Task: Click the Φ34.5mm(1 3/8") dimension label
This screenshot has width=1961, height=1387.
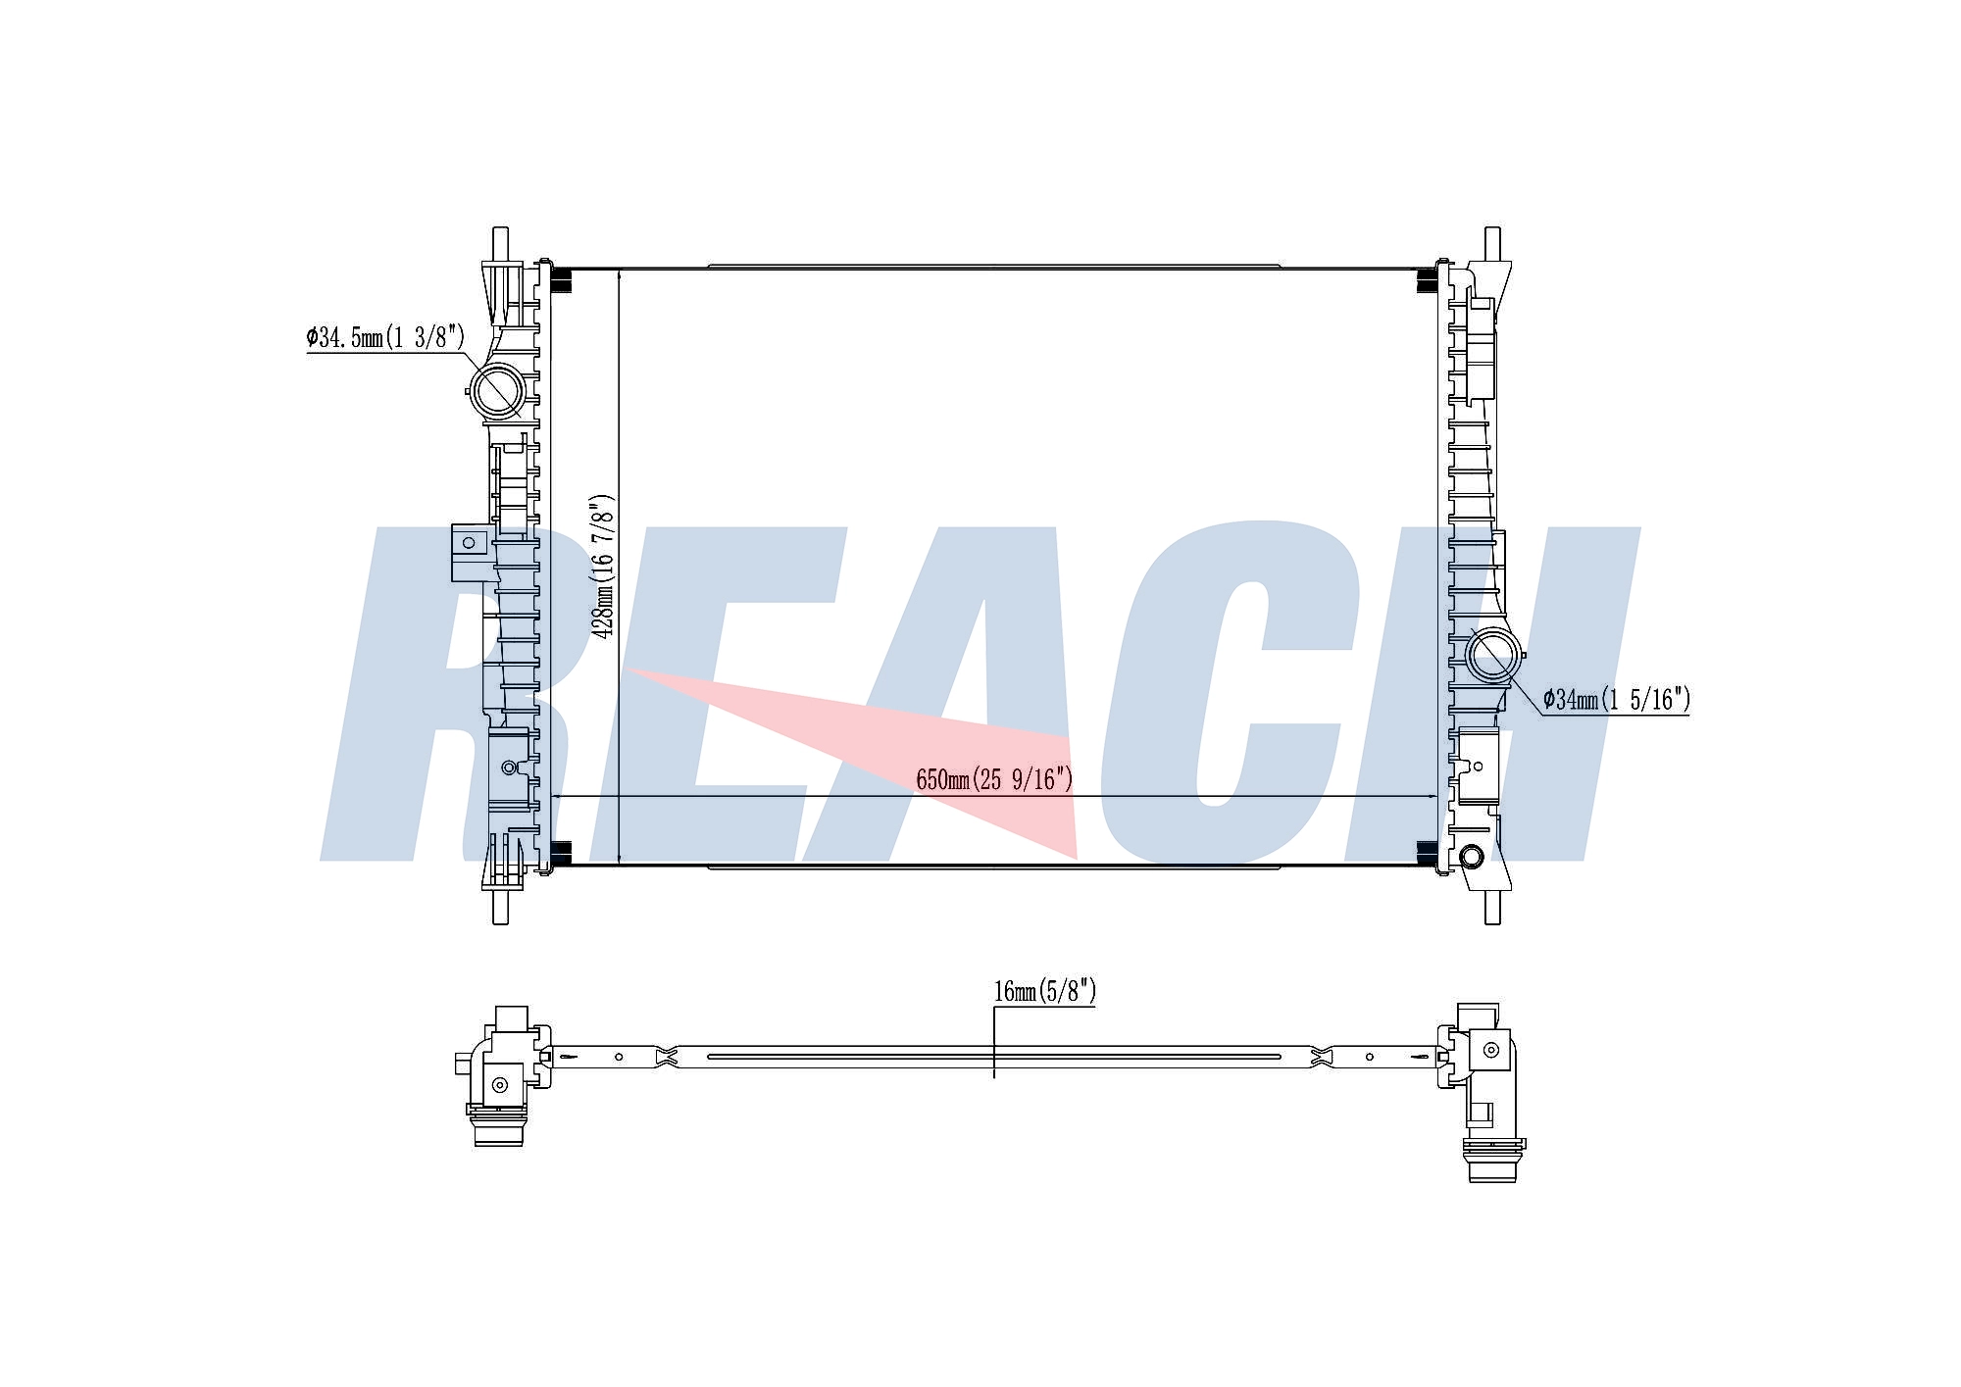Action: point(385,338)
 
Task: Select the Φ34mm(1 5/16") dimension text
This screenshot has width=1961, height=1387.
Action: point(1616,699)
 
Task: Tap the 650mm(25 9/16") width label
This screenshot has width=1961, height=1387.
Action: point(994,779)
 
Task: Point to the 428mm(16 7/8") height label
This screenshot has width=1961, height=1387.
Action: point(604,567)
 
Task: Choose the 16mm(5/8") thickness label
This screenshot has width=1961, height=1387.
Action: point(1044,991)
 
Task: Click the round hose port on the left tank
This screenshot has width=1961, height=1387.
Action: point(499,390)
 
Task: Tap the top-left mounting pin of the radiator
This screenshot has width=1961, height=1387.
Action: point(500,245)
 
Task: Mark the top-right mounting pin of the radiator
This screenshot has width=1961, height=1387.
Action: point(1492,245)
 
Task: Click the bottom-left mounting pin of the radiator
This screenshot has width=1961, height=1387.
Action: point(500,906)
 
